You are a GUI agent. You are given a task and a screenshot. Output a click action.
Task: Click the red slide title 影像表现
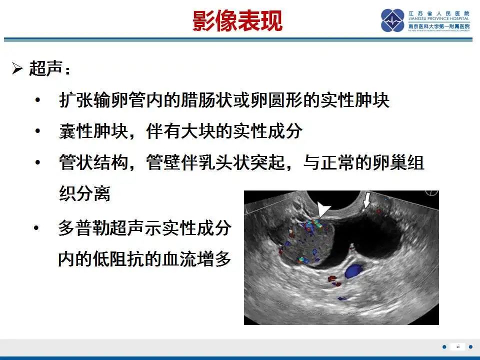click(238, 21)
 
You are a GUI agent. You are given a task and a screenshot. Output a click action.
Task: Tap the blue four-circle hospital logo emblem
click(393, 20)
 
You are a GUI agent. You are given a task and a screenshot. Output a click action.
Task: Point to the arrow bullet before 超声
click(17, 69)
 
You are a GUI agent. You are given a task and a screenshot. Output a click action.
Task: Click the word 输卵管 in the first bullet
click(111, 100)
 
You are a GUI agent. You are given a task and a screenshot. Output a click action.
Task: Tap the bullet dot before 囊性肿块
click(37, 132)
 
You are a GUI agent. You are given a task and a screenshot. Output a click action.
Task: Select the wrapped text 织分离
click(84, 194)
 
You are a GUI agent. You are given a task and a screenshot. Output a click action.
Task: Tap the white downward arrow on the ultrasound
click(367, 200)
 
